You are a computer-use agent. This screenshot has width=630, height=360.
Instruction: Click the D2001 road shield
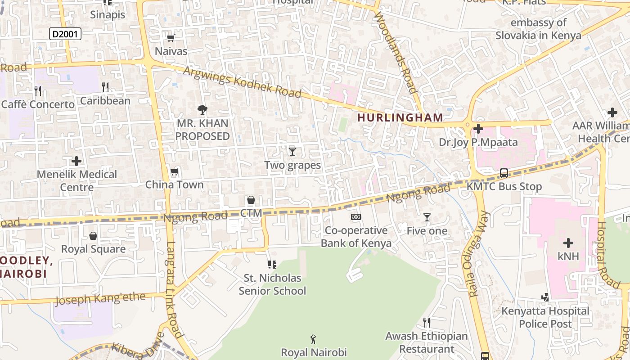65,34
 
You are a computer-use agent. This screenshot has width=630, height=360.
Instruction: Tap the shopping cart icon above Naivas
171,38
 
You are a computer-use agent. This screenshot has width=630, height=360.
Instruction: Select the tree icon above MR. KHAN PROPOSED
202,109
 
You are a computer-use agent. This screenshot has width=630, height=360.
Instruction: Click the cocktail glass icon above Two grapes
292,152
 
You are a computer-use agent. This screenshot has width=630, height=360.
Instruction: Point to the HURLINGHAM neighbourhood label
400,118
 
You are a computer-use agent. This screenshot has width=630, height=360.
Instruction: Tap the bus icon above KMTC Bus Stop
504,173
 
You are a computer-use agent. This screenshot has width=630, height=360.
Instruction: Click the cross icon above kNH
568,243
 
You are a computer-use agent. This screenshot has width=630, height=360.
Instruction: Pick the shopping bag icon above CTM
251,200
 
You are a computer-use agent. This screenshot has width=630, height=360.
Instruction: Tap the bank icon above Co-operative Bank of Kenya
356,217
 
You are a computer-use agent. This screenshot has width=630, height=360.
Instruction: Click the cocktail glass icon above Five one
427,218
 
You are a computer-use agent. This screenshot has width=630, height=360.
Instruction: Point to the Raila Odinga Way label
478,254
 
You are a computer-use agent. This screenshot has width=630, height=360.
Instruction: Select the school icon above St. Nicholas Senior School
272,265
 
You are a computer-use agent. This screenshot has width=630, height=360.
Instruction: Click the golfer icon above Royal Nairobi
314,339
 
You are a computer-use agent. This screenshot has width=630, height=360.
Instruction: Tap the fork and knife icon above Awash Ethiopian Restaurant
427,323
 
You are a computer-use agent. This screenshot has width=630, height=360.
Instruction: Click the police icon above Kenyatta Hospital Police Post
545,297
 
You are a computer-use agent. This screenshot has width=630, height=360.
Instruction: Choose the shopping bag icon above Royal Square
93,236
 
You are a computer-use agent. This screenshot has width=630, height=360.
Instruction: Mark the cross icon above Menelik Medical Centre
76,161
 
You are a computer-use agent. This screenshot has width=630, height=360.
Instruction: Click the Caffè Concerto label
38,104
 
